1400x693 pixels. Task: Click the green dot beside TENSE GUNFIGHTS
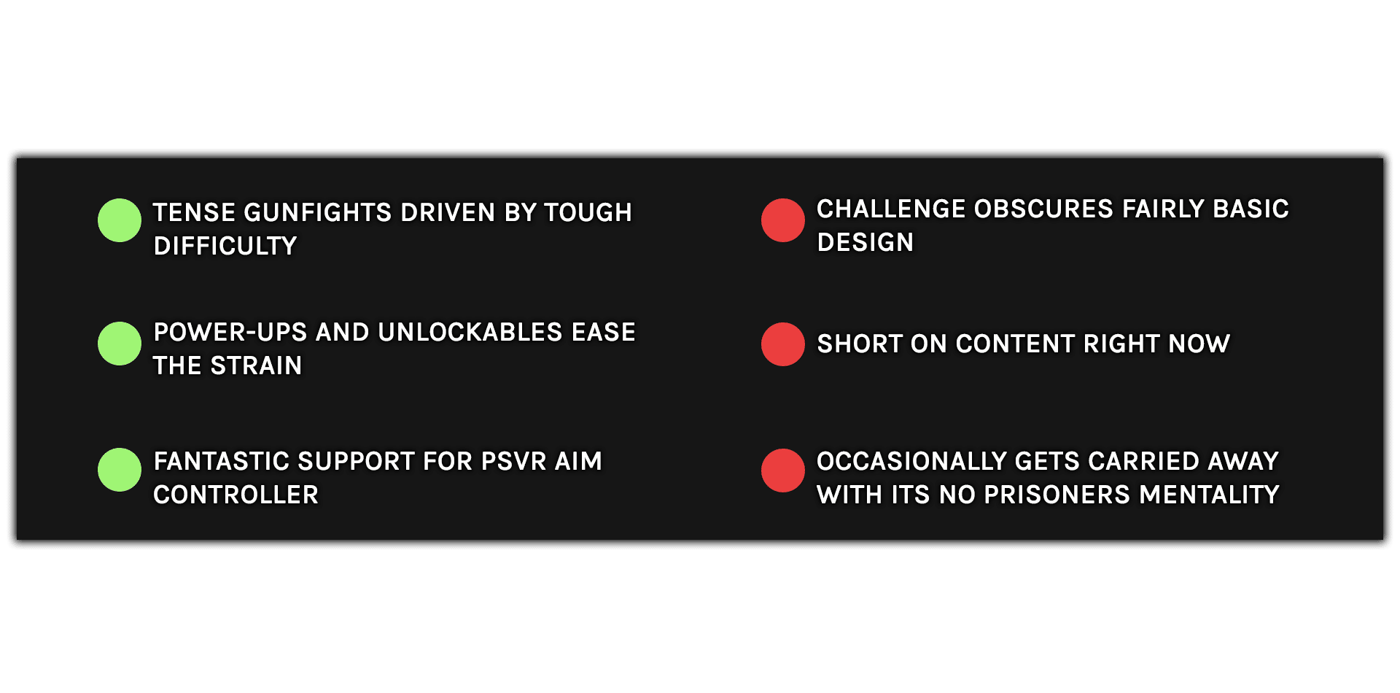click(120, 220)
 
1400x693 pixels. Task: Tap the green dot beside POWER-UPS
click(120, 344)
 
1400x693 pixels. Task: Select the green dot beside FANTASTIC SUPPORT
click(120, 470)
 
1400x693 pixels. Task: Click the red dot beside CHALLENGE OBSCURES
click(783, 220)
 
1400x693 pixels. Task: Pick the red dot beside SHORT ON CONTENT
click(783, 344)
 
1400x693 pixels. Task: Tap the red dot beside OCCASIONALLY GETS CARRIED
click(783, 471)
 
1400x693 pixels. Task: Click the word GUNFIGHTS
click(318, 212)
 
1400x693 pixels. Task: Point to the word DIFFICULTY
click(225, 246)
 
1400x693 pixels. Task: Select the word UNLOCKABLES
click(470, 332)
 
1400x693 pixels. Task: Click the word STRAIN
click(256, 365)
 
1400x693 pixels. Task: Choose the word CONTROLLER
click(236, 495)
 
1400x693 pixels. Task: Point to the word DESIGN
click(866, 242)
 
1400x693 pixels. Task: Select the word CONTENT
click(1015, 344)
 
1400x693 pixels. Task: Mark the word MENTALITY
click(1210, 495)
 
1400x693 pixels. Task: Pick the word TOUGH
click(588, 212)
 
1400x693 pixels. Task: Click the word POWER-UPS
click(230, 332)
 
